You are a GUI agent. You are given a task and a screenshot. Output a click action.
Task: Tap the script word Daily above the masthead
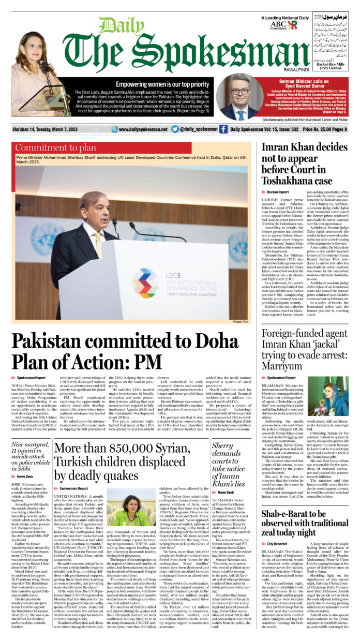[x=114, y=25]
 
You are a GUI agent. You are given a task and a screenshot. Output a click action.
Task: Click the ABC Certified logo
[x=278, y=25]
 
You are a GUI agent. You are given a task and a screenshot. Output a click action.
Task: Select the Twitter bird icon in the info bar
[x=175, y=129]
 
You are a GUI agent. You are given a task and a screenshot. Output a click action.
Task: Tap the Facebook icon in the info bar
[x=223, y=129]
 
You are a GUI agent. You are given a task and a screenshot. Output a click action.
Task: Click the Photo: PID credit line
[x=240, y=322]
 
